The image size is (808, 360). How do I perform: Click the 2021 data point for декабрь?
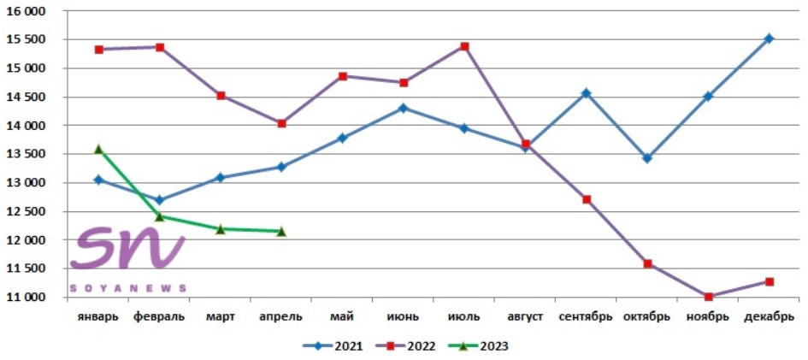click(769, 38)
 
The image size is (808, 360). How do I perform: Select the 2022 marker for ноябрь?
click(708, 297)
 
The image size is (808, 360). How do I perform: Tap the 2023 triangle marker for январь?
click(98, 149)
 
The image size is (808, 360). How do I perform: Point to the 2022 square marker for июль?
click(464, 46)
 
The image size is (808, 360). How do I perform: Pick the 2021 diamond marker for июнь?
click(404, 108)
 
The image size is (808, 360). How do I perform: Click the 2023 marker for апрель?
click(281, 231)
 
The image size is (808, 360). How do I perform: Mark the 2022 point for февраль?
click(160, 47)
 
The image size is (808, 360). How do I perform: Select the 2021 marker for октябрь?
click(647, 158)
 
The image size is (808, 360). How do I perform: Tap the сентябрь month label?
click(586, 316)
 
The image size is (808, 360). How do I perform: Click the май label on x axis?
click(342, 316)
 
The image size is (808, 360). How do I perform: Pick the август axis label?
click(525, 316)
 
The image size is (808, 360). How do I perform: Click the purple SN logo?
click(128, 249)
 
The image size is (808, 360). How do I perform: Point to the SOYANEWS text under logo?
click(128, 288)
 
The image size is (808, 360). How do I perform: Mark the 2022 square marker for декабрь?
click(769, 281)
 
